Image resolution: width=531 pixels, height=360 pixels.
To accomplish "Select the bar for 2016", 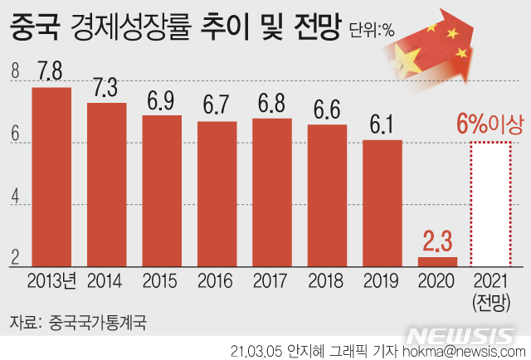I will pyautogui.click(x=217, y=194).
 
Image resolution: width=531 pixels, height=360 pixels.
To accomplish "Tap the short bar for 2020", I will pyautogui.click(x=436, y=262).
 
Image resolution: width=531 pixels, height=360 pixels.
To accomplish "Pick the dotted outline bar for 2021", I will pyautogui.click(x=492, y=204).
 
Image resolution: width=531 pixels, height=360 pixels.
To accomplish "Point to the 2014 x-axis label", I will pyautogui.click(x=105, y=280).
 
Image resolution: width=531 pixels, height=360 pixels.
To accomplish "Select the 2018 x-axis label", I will pyautogui.click(x=326, y=280).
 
